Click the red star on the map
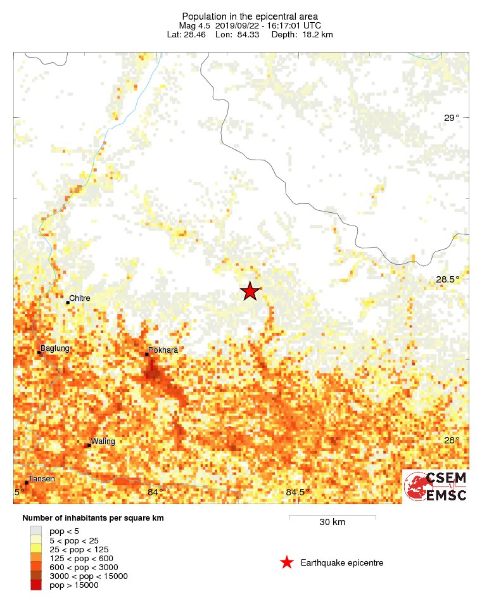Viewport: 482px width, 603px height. coord(250,291)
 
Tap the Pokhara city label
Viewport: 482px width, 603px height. coord(163,350)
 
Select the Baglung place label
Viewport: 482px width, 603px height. coord(54,348)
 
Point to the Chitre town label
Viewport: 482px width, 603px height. coord(79,298)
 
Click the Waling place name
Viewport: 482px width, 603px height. coord(103,441)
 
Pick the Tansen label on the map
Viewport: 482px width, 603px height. coord(42,478)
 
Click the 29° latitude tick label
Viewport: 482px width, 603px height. coord(452,118)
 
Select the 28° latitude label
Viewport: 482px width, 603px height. coord(452,440)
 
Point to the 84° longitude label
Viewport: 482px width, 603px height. coord(155,492)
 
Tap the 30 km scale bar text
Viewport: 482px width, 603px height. coord(332,523)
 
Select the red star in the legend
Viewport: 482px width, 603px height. coord(287,562)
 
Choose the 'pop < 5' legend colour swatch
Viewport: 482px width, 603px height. coord(37,531)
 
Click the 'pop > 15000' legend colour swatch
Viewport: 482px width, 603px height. coord(37,585)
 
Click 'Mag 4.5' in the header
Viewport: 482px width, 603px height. coord(194,25)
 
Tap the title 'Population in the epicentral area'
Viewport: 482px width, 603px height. coord(250,16)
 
